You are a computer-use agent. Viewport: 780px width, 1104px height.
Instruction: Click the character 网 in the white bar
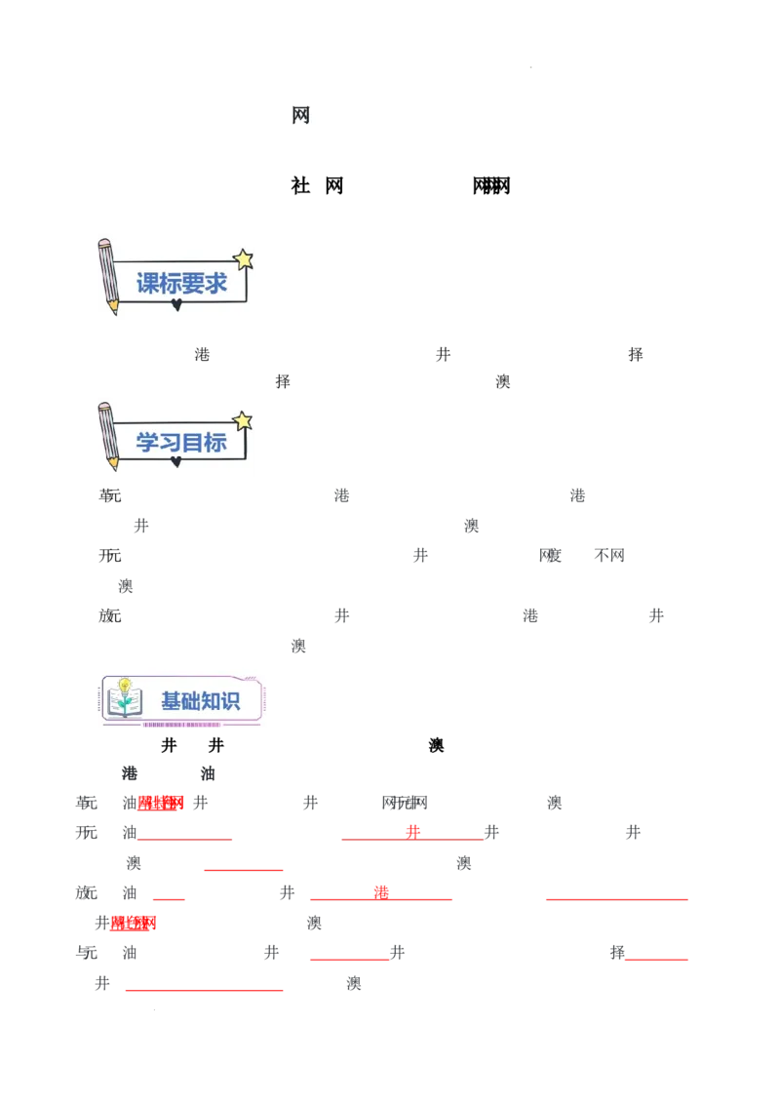tap(300, 116)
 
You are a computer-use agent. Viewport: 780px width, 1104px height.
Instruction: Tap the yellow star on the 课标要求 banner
tap(243, 259)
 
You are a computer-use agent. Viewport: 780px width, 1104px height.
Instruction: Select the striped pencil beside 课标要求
tap(107, 274)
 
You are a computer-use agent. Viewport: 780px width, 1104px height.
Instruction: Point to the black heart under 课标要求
tap(176, 305)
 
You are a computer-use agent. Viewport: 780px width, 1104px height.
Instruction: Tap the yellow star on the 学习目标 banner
tap(243, 421)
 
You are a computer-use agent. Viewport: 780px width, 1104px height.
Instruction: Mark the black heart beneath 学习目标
tap(176, 461)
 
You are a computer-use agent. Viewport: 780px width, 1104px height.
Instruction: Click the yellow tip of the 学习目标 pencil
tap(113, 464)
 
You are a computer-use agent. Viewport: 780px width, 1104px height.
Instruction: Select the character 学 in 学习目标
tap(147, 443)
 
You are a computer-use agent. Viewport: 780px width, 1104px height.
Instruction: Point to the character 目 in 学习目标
tap(193, 443)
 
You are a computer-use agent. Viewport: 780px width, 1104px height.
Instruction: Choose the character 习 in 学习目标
tap(171, 443)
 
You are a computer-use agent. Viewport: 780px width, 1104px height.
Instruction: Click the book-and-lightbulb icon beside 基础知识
tap(124, 698)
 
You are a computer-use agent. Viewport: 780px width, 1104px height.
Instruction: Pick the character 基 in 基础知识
tap(172, 701)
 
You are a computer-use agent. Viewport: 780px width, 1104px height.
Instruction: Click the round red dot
tap(412, 830)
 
